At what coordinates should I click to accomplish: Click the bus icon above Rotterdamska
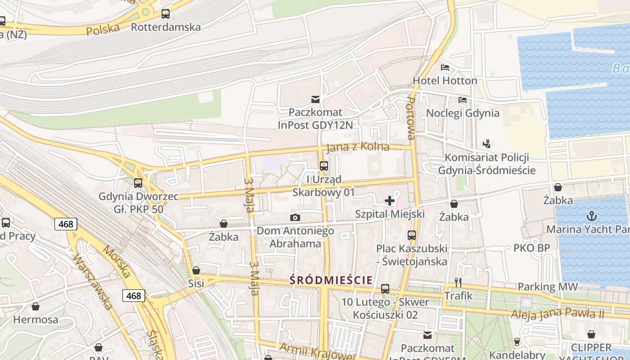click(166, 14)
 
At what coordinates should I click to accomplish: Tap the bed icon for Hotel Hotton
click(445, 68)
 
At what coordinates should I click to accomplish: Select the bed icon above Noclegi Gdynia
click(463, 100)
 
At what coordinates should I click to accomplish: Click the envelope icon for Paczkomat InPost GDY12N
click(315, 99)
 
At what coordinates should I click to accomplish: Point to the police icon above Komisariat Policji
click(486, 144)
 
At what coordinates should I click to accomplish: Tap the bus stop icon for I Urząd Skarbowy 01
click(324, 166)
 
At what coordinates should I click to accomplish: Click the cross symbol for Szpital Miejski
click(390, 201)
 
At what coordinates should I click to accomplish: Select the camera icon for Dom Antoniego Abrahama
click(295, 218)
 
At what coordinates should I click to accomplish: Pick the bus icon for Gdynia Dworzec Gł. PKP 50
click(138, 183)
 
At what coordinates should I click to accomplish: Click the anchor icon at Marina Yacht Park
click(591, 216)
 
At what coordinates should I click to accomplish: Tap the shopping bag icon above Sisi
click(196, 270)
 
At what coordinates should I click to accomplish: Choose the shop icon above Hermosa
click(36, 307)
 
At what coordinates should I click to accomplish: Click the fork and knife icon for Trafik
click(458, 283)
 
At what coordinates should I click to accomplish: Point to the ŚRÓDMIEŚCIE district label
click(331, 280)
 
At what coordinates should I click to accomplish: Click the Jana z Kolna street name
click(358, 147)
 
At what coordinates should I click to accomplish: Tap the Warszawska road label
click(92, 282)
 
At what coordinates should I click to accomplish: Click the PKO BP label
click(531, 248)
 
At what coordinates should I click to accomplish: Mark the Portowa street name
click(411, 117)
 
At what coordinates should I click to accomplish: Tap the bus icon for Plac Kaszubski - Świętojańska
click(411, 235)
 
